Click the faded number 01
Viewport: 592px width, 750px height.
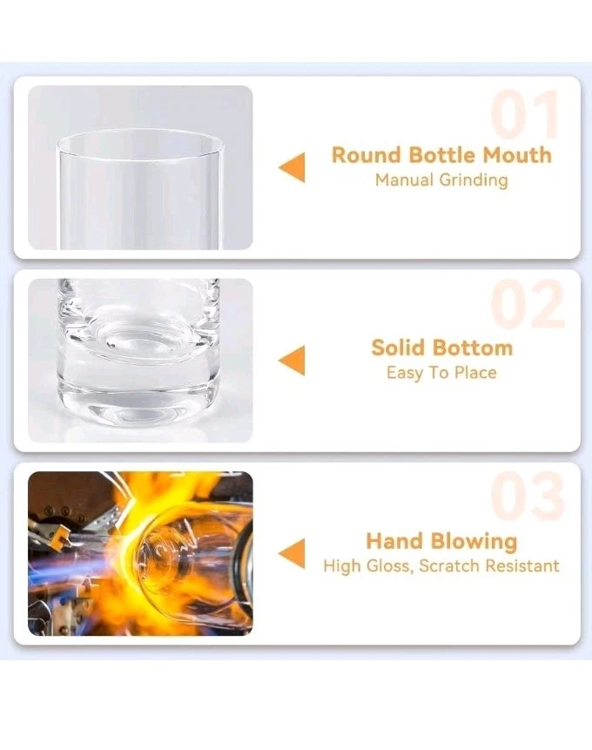[x=525, y=114]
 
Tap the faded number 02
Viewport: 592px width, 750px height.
[x=528, y=304]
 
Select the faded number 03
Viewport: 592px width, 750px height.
[x=528, y=496]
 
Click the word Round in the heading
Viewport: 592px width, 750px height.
[x=367, y=155]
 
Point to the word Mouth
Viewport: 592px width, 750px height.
[x=517, y=155]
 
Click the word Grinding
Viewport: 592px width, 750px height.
[x=474, y=181]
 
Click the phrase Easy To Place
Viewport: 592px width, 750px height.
[x=441, y=373]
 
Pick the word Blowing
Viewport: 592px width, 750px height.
[x=474, y=541]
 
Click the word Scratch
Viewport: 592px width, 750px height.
[x=449, y=566]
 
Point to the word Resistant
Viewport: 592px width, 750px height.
[x=522, y=566]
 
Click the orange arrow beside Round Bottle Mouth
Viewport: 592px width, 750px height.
[x=292, y=167]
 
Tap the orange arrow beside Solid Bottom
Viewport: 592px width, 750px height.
[x=292, y=360]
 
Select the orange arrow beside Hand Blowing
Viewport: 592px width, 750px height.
[x=292, y=553]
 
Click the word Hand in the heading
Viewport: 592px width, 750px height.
[x=395, y=541]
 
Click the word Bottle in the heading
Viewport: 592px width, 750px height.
[x=442, y=155]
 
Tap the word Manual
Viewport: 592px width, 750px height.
[x=404, y=180]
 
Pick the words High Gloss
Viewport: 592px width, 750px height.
[x=367, y=566]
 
